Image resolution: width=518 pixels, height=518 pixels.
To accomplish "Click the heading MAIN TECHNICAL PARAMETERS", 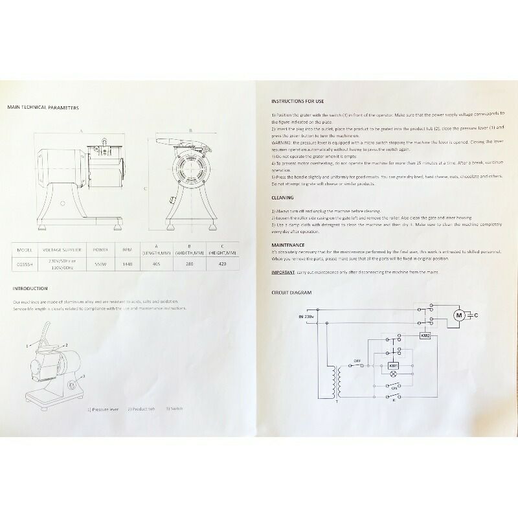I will [x=43, y=107].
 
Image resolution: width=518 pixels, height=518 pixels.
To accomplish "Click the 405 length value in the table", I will [x=157, y=264].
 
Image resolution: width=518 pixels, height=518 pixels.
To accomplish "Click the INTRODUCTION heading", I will [x=30, y=289].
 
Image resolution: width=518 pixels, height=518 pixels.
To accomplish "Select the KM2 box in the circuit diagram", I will [x=425, y=336].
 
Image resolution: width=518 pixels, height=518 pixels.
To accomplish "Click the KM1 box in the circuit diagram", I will [x=393, y=366].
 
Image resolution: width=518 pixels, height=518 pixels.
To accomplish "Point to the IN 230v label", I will [x=307, y=317].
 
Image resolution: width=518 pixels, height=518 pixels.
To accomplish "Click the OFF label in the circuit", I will [x=357, y=360].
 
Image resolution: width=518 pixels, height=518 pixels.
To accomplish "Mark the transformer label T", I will [x=336, y=401].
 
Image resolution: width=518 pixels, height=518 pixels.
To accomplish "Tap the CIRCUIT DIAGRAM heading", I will [x=291, y=293].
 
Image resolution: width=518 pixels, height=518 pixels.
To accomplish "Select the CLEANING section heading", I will [x=283, y=197].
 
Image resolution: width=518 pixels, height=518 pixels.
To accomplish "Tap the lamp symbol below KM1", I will [x=393, y=377].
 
